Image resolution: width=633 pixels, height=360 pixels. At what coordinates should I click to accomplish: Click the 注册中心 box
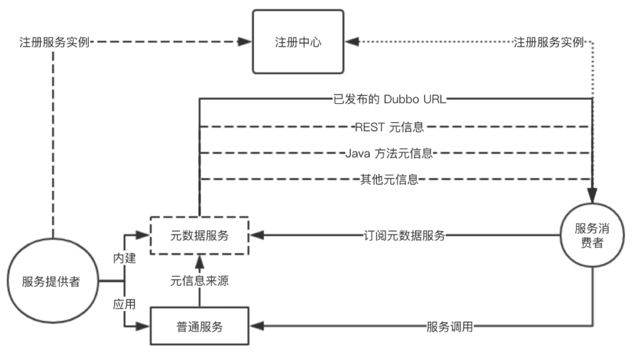(298, 41)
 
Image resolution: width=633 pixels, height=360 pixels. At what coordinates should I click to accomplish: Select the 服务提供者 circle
(52, 281)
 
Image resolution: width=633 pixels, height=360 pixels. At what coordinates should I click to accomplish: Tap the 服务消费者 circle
(591, 236)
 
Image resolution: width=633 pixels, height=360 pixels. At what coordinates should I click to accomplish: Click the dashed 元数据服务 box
(200, 235)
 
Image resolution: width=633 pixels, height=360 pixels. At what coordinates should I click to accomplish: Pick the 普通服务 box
(200, 326)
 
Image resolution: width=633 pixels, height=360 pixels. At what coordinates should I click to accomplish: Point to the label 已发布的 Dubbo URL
(390, 100)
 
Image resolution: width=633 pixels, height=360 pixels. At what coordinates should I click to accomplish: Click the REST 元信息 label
(390, 126)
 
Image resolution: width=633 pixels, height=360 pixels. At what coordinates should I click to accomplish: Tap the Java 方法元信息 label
(390, 153)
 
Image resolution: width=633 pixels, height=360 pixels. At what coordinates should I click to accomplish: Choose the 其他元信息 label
(390, 179)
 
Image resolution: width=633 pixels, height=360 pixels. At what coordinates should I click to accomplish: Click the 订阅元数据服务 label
(404, 235)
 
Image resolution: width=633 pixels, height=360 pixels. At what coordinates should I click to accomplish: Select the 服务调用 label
(449, 326)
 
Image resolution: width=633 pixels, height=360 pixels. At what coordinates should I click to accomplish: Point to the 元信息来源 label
(200, 281)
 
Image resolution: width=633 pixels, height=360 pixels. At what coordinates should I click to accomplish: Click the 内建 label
(124, 255)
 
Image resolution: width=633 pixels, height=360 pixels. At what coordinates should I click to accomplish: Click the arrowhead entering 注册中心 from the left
(245, 42)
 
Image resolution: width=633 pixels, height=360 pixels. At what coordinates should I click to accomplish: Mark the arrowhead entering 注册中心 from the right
(351, 42)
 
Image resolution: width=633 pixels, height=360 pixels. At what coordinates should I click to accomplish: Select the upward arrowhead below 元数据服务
(200, 260)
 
